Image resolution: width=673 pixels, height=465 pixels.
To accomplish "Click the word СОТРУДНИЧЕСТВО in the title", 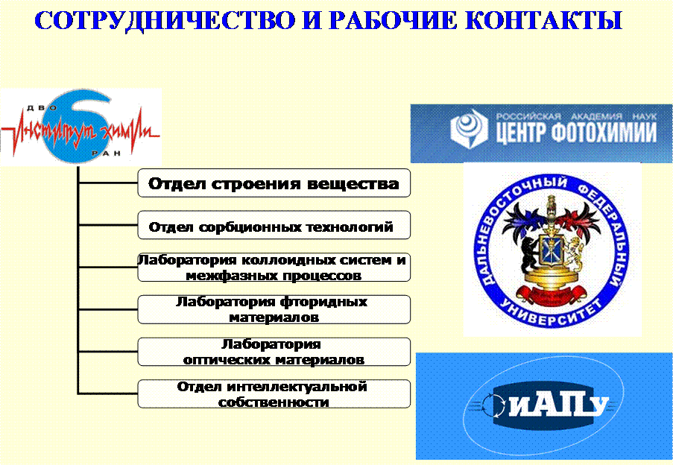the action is click(x=165, y=20).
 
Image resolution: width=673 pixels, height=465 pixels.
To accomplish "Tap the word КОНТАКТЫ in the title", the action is click(x=544, y=20).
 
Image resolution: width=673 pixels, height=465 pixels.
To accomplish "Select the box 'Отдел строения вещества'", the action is click(x=274, y=183).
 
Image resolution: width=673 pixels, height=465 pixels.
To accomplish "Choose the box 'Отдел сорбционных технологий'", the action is click(x=274, y=225).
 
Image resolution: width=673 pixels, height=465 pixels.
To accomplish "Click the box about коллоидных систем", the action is click(x=274, y=268).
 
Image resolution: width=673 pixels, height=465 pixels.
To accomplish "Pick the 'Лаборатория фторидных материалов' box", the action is click(x=274, y=309).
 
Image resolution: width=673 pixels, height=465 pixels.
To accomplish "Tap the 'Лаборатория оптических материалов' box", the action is click(x=274, y=352).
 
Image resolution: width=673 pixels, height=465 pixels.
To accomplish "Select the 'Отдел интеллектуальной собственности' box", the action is click(x=274, y=393).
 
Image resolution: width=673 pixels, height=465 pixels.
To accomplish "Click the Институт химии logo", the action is click(x=80, y=127).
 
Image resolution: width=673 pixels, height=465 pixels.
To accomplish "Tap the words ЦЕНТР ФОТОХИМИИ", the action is click(x=576, y=132).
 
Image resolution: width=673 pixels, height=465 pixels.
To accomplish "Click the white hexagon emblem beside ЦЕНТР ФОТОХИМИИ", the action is click(x=469, y=127).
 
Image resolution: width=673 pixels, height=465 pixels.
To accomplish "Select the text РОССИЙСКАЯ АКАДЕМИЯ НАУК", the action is click(x=576, y=116).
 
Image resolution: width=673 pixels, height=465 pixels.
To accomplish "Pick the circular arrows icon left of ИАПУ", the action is click(x=493, y=405).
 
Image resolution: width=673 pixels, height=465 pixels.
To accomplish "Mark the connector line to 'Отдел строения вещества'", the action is click(x=108, y=183).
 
